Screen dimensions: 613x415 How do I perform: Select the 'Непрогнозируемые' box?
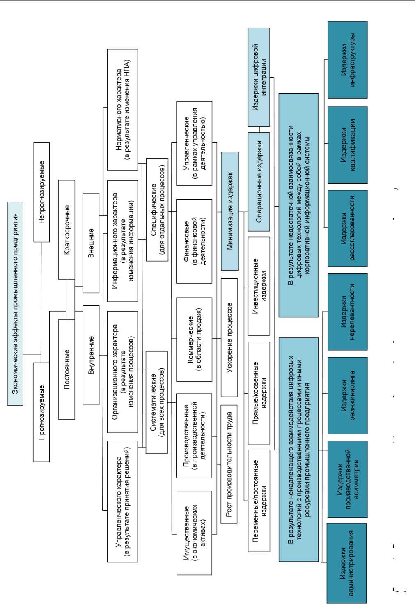(41, 192)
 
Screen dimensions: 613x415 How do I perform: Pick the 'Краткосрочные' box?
(67, 230)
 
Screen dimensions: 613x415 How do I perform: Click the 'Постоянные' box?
(66, 369)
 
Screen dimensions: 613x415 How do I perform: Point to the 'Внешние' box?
(91, 243)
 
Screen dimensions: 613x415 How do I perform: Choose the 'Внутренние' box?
(91, 355)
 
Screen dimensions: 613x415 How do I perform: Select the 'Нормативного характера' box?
(122, 110)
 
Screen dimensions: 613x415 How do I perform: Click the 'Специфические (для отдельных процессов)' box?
(157, 209)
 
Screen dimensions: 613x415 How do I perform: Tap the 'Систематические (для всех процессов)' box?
(157, 402)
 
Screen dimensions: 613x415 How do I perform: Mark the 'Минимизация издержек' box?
(230, 211)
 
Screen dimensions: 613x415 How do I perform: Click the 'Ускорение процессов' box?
(229, 337)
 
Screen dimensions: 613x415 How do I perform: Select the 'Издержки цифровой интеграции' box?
(259, 77)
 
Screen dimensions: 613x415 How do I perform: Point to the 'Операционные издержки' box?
(259, 181)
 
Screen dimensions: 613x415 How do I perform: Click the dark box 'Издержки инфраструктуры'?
(348, 60)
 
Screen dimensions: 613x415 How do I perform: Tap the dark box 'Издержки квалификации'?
(348, 145)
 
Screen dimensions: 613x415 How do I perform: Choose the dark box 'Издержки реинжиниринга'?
(348, 395)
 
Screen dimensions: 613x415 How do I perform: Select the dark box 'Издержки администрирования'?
(347, 563)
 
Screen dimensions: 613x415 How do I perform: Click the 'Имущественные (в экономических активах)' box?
(194, 533)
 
